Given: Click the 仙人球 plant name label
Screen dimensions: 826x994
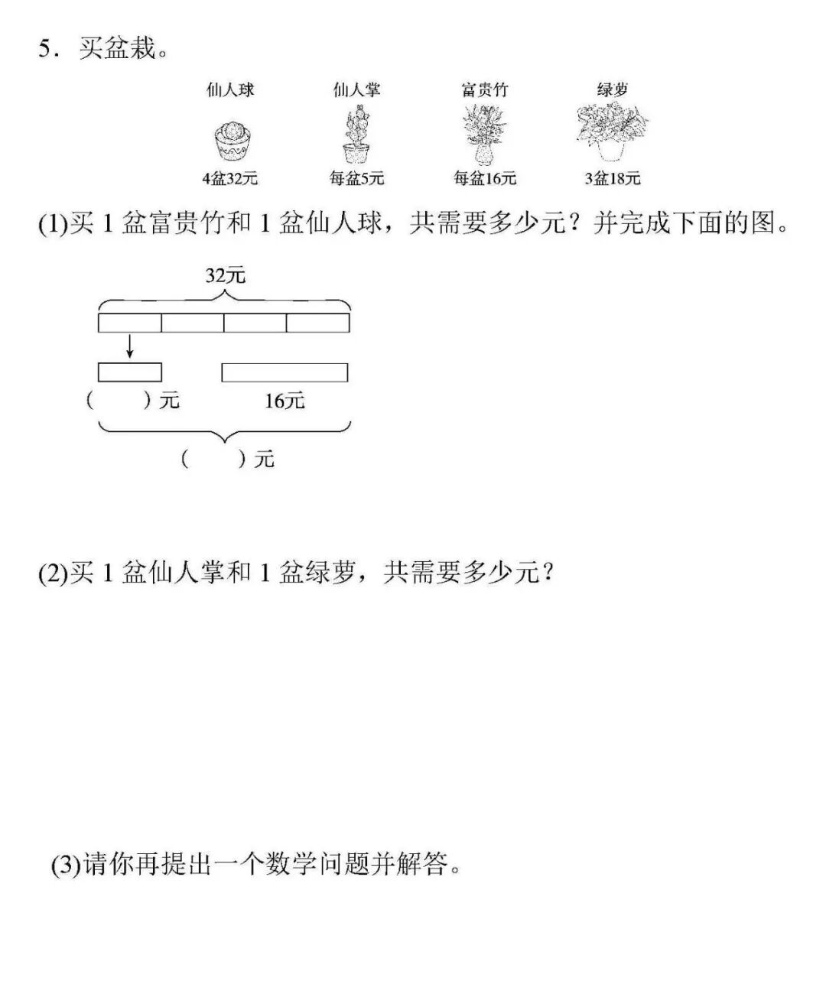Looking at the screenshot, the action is (x=230, y=89).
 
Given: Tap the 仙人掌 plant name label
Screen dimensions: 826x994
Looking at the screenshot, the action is (x=356, y=89).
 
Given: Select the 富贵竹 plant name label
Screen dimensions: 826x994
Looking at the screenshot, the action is (x=484, y=89).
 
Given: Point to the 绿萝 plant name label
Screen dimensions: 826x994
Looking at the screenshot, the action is (x=612, y=89).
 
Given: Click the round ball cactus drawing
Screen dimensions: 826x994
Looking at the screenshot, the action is (x=233, y=140).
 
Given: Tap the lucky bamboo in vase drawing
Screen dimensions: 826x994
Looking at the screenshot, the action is (x=484, y=135).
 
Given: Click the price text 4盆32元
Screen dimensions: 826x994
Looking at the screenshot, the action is (x=229, y=179).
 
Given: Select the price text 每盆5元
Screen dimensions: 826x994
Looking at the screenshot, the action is (x=356, y=179).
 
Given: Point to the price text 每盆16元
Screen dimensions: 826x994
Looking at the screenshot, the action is (x=485, y=179).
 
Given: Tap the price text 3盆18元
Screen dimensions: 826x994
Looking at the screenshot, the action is (x=612, y=179).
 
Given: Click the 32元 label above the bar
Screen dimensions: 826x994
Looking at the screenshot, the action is (x=225, y=275).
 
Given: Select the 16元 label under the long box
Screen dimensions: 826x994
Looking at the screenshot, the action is (x=285, y=400).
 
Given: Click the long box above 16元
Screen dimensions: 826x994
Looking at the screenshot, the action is (x=285, y=372).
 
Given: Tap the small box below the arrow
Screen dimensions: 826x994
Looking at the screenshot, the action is (x=130, y=372).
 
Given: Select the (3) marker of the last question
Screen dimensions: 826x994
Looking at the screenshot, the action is (x=66, y=866).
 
